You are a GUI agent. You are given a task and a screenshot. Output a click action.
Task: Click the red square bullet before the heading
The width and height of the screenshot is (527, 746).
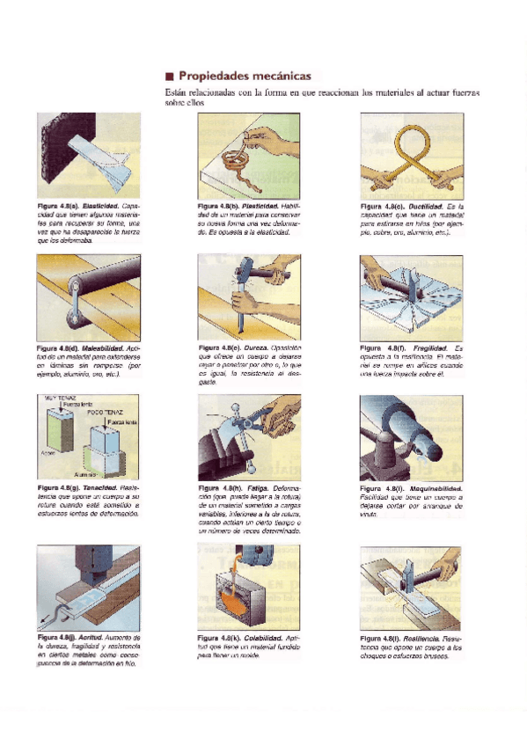(x=169, y=77)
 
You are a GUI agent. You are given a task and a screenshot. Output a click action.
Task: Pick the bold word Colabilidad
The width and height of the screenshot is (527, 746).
(x=261, y=637)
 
